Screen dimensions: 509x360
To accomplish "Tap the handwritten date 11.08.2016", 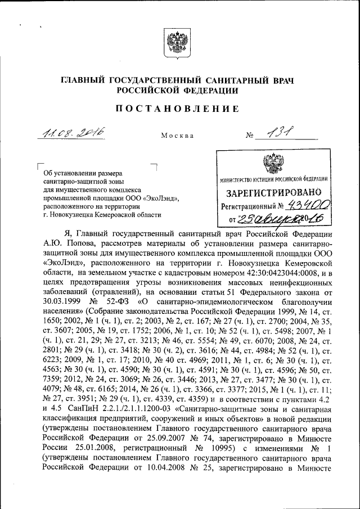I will pyautogui.click(x=74, y=133).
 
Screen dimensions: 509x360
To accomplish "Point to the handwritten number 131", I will pyautogui.click(x=280, y=133).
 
